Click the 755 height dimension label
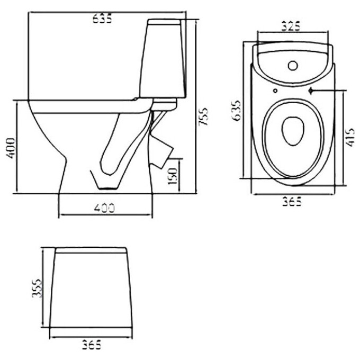pos(203,116)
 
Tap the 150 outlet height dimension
pos(173,176)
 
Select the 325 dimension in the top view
pos(291,26)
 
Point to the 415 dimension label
pos(350,137)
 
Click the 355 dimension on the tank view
pos(37,288)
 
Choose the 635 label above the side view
pos(102,19)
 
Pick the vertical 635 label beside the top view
pos(237,111)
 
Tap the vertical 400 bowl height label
pos(11,148)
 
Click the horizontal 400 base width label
pos(104,208)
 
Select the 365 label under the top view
pos(292,202)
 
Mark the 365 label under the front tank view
pos(92,345)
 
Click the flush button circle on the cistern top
pos(293,66)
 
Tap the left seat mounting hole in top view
pos(275,91)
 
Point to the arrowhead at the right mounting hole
pos(311,91)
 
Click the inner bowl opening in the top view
pos(293,131)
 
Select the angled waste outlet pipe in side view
pos(161,150)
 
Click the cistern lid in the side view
pos(165,22)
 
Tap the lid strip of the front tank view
pos(91,250)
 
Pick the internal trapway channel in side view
pos(111,145)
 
